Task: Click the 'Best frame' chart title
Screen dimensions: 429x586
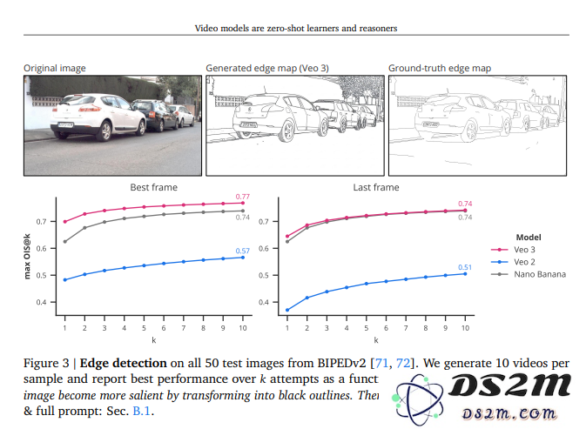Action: (x=153, y=187)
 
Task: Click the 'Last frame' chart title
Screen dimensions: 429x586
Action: (x=376, y=187)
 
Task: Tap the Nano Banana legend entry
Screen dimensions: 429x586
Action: (x=539, y=274)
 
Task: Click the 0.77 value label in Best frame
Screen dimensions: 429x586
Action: (x=243, y=198)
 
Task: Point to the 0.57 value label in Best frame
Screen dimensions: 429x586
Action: (x=243, y=251)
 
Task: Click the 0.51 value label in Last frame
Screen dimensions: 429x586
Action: (x=465, y=267)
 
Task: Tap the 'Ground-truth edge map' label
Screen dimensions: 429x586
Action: (x=439, y=68)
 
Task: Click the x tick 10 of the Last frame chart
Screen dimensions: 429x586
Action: (x=465, y=328)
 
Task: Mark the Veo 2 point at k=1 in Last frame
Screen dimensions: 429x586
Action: (x=287, y=310)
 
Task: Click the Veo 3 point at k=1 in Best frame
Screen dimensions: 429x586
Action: (x=65, y=222)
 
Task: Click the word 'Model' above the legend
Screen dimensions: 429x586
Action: (x=529, y=237)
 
